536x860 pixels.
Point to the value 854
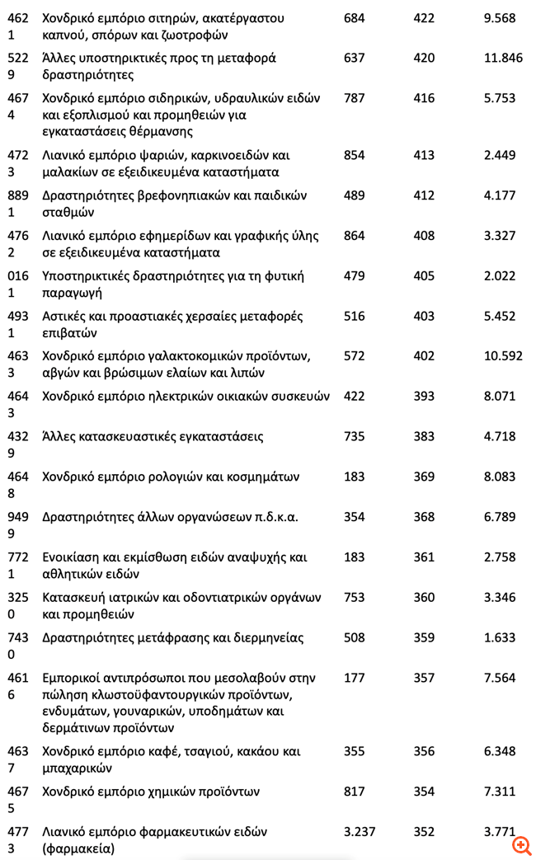pyautogui.click(x=354, y=155)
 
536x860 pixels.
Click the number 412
pyautogui.click(x=424, y=195)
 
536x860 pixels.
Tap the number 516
pyautogui.click(x=354, y=317)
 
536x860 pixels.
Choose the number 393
pyautogui.click(x=424, y=397)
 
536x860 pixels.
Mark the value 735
pyautogui.click(x=354, y=437)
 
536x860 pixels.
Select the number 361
pyautogui.click(x=424, y=557)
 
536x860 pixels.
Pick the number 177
pyautogui.click(x=354, y=679)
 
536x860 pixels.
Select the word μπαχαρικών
pyautogui.click(x=77, y=768)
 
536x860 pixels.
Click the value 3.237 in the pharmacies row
pyautogui.click(x=360, y=832)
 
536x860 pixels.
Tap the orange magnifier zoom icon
pyautogui.click(x=521, y=845)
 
